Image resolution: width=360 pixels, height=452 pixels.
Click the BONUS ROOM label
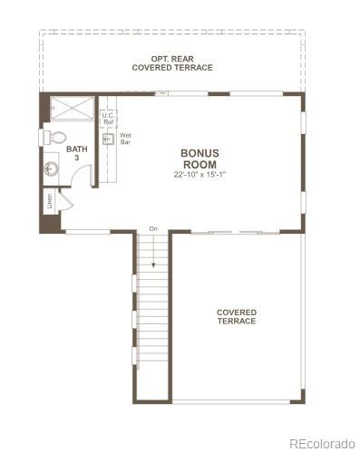(199, 159)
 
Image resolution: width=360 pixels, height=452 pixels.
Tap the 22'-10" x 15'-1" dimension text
(199, 174)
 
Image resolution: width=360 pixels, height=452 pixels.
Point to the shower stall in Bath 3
(70, 108)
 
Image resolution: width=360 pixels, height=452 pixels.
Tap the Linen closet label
(49, 202)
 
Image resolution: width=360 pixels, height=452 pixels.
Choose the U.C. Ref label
(107, 119)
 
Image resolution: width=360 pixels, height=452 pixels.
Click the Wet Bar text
(126, 139)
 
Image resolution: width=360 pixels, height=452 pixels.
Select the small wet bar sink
(107, 139)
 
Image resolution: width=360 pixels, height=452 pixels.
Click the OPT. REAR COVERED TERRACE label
(172, 63)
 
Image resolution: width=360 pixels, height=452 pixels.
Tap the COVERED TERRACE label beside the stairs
(236, 316)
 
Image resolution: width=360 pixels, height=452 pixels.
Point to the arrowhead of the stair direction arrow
(153, 264)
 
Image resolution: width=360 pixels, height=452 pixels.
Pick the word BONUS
(199, 153)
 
